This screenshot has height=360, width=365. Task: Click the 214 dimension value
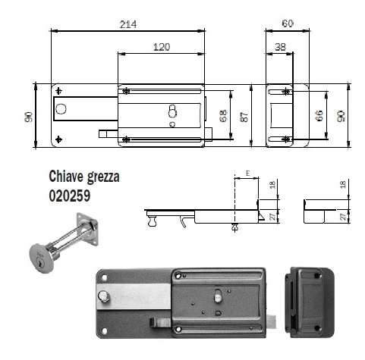click(128, 24)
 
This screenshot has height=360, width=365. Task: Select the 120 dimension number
click(162, 47)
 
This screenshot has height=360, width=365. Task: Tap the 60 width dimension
click(288, 23)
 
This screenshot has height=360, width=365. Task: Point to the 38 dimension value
click(280, 47)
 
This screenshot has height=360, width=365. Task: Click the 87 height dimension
click(244, 117)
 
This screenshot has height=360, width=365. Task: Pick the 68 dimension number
click(223, 116)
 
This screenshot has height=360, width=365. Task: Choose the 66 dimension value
click(319, 116)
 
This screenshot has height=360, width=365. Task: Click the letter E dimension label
click(247, 174)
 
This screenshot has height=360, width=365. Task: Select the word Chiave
click(67, 176)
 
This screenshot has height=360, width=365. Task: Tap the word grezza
click(103, 177)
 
